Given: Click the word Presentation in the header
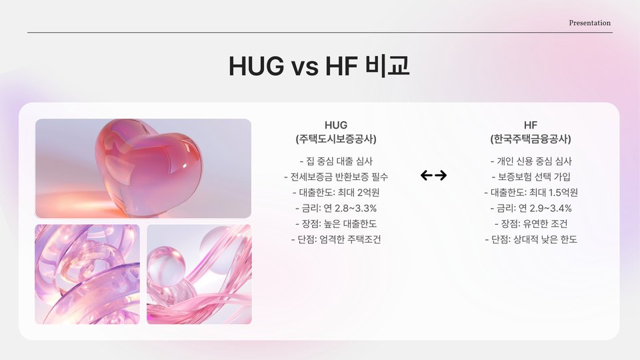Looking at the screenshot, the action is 590,23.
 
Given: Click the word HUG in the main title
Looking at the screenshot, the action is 256,66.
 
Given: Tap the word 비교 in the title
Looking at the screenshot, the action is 387,65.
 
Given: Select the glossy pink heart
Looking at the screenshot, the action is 148,167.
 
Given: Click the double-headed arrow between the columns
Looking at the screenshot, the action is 433,175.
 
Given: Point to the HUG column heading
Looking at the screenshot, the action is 336,125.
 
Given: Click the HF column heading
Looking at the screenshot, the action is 531,125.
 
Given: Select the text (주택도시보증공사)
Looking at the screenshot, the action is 336,139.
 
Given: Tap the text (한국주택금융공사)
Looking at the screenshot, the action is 531,139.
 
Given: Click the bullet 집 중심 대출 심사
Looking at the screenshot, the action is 336,161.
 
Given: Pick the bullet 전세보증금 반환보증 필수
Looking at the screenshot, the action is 336,177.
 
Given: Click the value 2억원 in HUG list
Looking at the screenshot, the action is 368,193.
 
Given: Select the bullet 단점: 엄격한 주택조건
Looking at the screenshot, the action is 336,239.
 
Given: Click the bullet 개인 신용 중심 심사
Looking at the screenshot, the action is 531,161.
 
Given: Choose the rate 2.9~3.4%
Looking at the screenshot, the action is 551,208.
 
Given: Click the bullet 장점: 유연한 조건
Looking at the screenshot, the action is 531,224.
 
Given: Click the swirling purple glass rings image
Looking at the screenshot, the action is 87,274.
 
